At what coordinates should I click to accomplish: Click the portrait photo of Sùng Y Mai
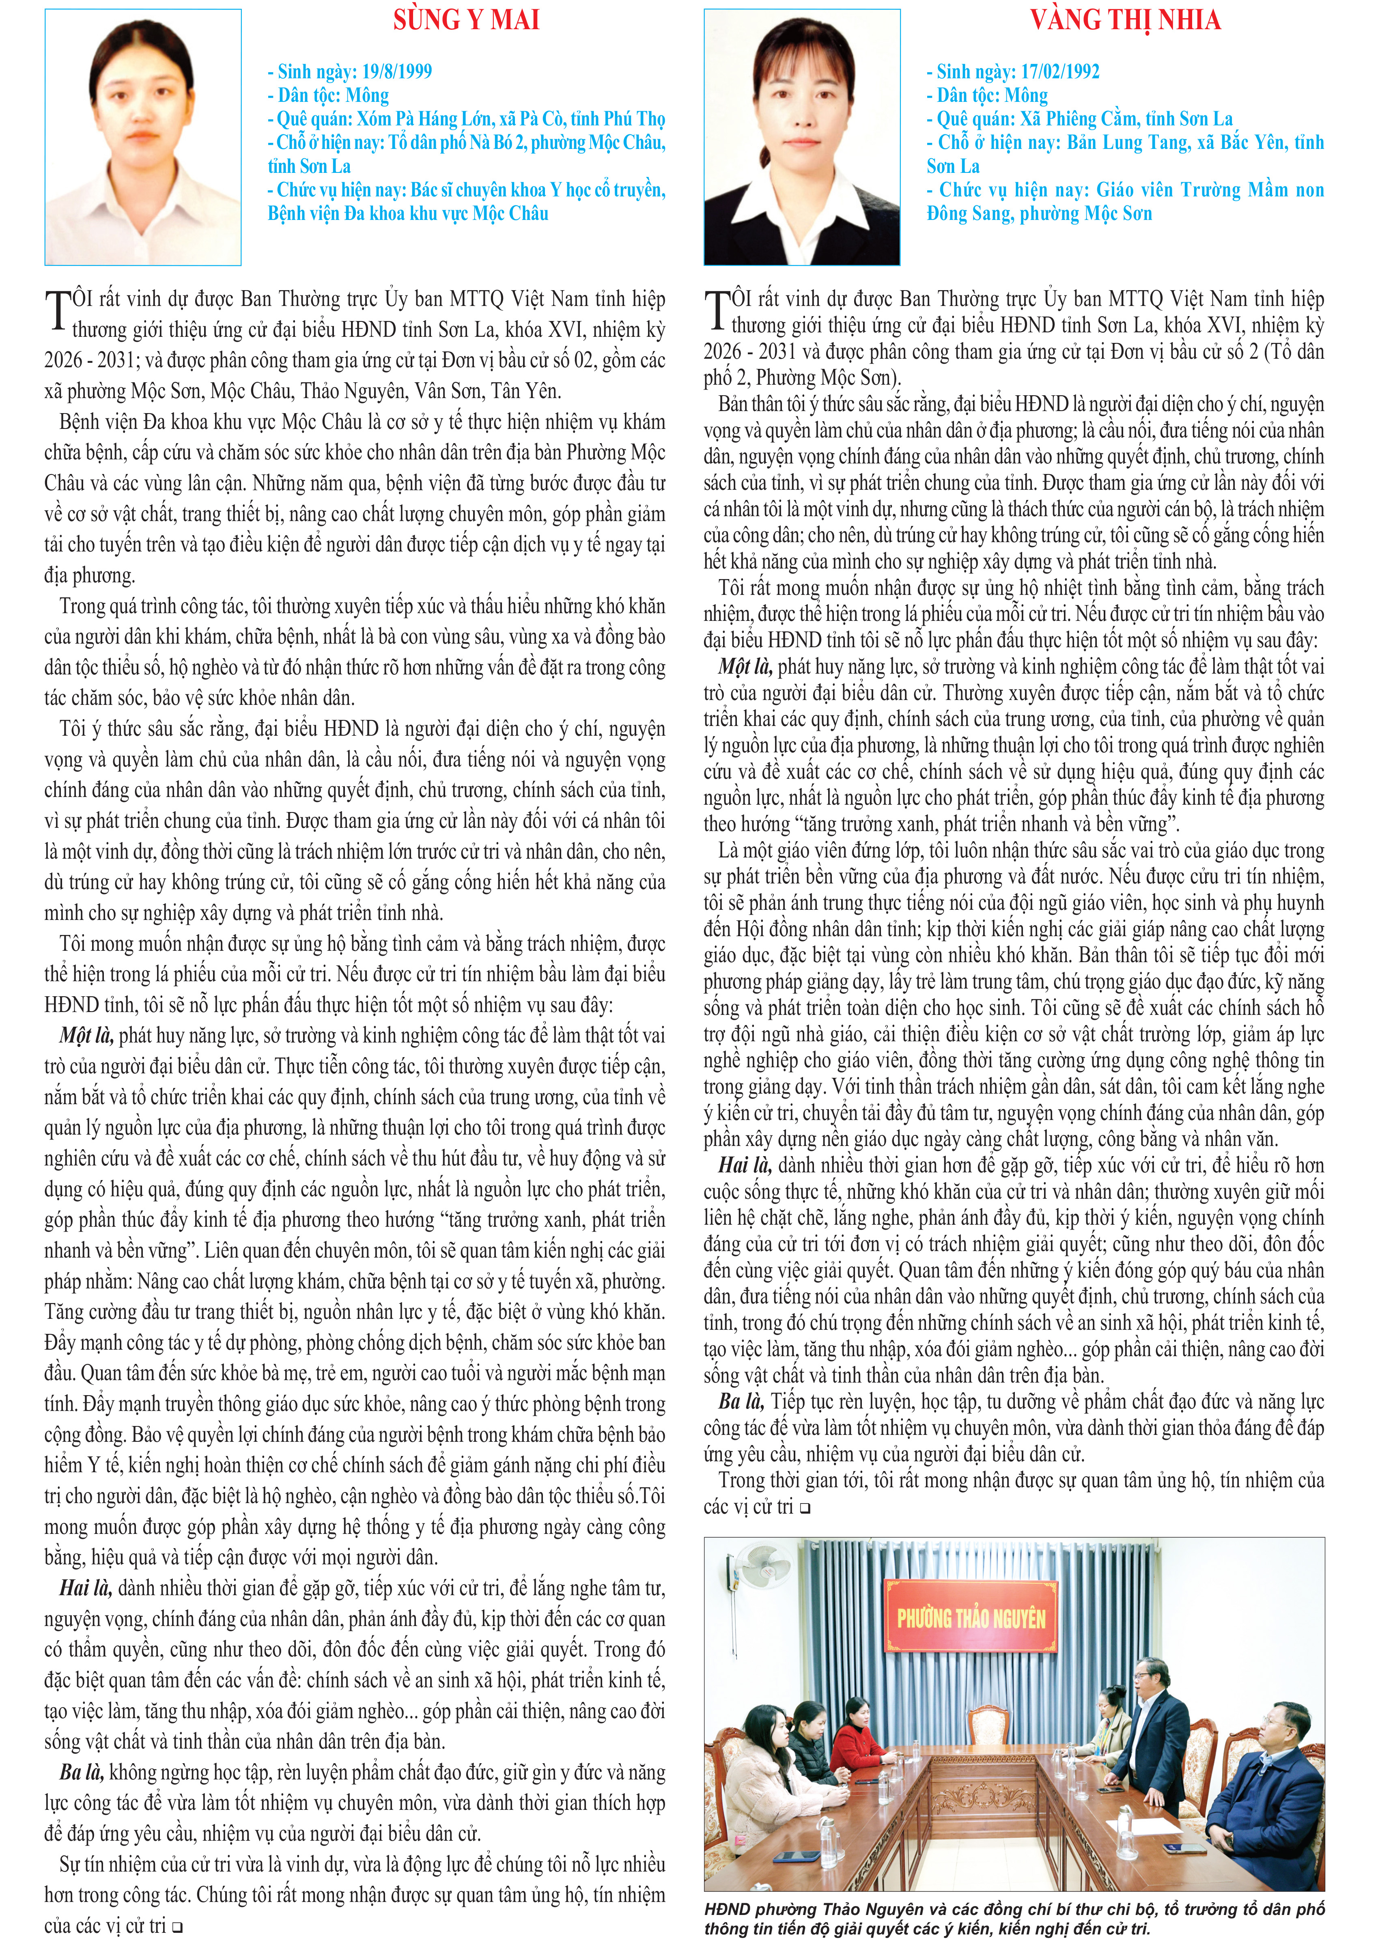pyautogui.click(x=142, y=138)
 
